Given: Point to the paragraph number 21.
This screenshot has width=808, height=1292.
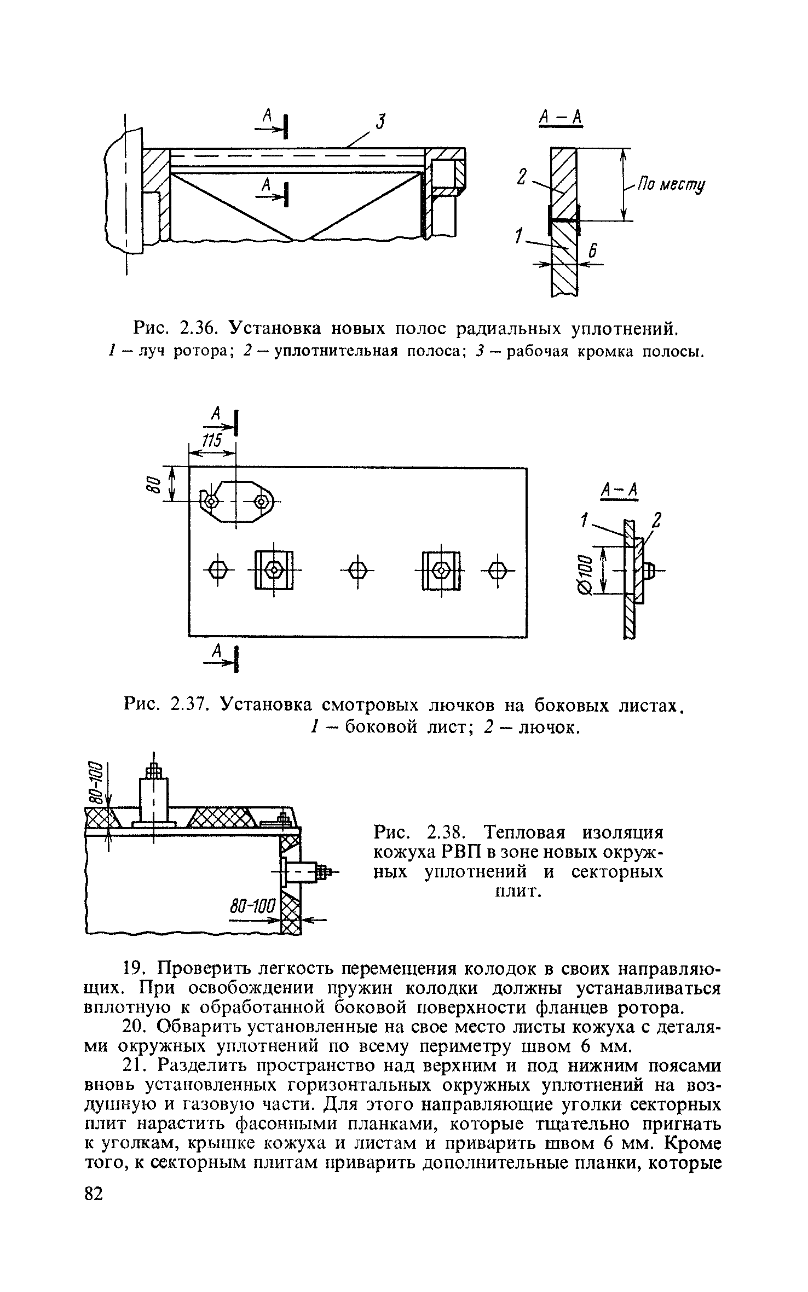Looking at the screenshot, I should [x=134, y=1066].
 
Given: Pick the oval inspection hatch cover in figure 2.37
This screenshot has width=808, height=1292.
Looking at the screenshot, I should [x=236, y=501].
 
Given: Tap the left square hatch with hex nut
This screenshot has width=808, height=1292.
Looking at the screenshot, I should [x=273, y=571].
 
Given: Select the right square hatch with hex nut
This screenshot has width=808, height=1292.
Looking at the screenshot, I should [x=441, y=571].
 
